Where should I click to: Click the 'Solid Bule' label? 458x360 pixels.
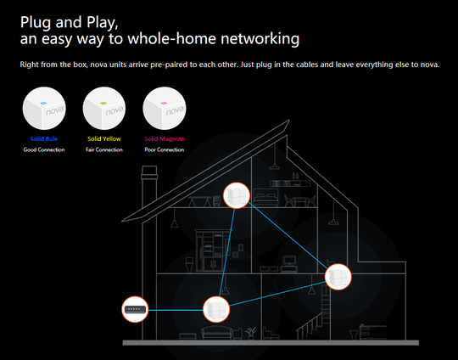(x=44, y=138)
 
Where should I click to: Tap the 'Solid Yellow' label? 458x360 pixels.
(x=104, y=138)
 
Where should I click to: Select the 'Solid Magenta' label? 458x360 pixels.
(x=165, y=138)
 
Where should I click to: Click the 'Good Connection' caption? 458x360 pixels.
(x=44, y=149)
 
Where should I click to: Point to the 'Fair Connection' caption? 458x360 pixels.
(x=104, y=149)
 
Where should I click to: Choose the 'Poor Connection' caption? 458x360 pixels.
(x=165, y=149)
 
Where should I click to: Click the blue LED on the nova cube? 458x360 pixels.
(x=43, y=103)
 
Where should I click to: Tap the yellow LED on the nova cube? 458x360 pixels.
(x=103, y=103)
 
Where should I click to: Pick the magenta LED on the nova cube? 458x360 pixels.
(x=164, y=103)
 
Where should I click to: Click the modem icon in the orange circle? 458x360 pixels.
(x=135, y=309)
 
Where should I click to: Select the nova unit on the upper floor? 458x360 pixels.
(x=237, y=195)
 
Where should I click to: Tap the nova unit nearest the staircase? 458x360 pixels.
(x=338, y=277)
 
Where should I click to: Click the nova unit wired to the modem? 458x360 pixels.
(x=216, y=309)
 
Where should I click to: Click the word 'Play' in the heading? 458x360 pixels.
(x=103, y=23)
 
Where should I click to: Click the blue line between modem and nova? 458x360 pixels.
(x=176, y=310)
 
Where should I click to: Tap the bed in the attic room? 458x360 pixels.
(x=265, y=198)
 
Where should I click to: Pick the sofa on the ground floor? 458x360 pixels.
(x=216, y=333)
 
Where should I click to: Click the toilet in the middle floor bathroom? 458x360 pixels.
(x=190, y=265)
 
